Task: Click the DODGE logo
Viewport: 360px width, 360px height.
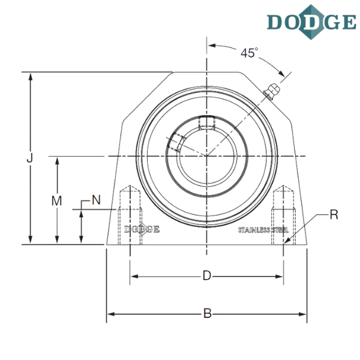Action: click(x=312, y=22)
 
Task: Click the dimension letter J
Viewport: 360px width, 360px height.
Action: click(x=29, y=158)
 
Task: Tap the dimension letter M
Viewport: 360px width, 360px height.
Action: click(x=57, y=202)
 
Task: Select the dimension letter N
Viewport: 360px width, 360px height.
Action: click(x=96, y=200)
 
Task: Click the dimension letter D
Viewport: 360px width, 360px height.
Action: click(x=206, y=276)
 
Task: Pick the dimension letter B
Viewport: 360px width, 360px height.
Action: click(x=207, y=313)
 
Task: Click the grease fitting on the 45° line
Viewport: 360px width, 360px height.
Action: click(x=273, y=89)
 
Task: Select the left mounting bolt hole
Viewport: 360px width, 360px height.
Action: click(x=130, y=216)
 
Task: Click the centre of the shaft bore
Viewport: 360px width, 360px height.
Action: click(x=206, y=155)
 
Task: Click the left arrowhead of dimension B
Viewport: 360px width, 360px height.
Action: click(x=110, y=313)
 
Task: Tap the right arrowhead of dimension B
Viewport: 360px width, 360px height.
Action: click(x=304, y=313)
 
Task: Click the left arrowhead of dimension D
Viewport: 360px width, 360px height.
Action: click(x=133, y=277)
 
